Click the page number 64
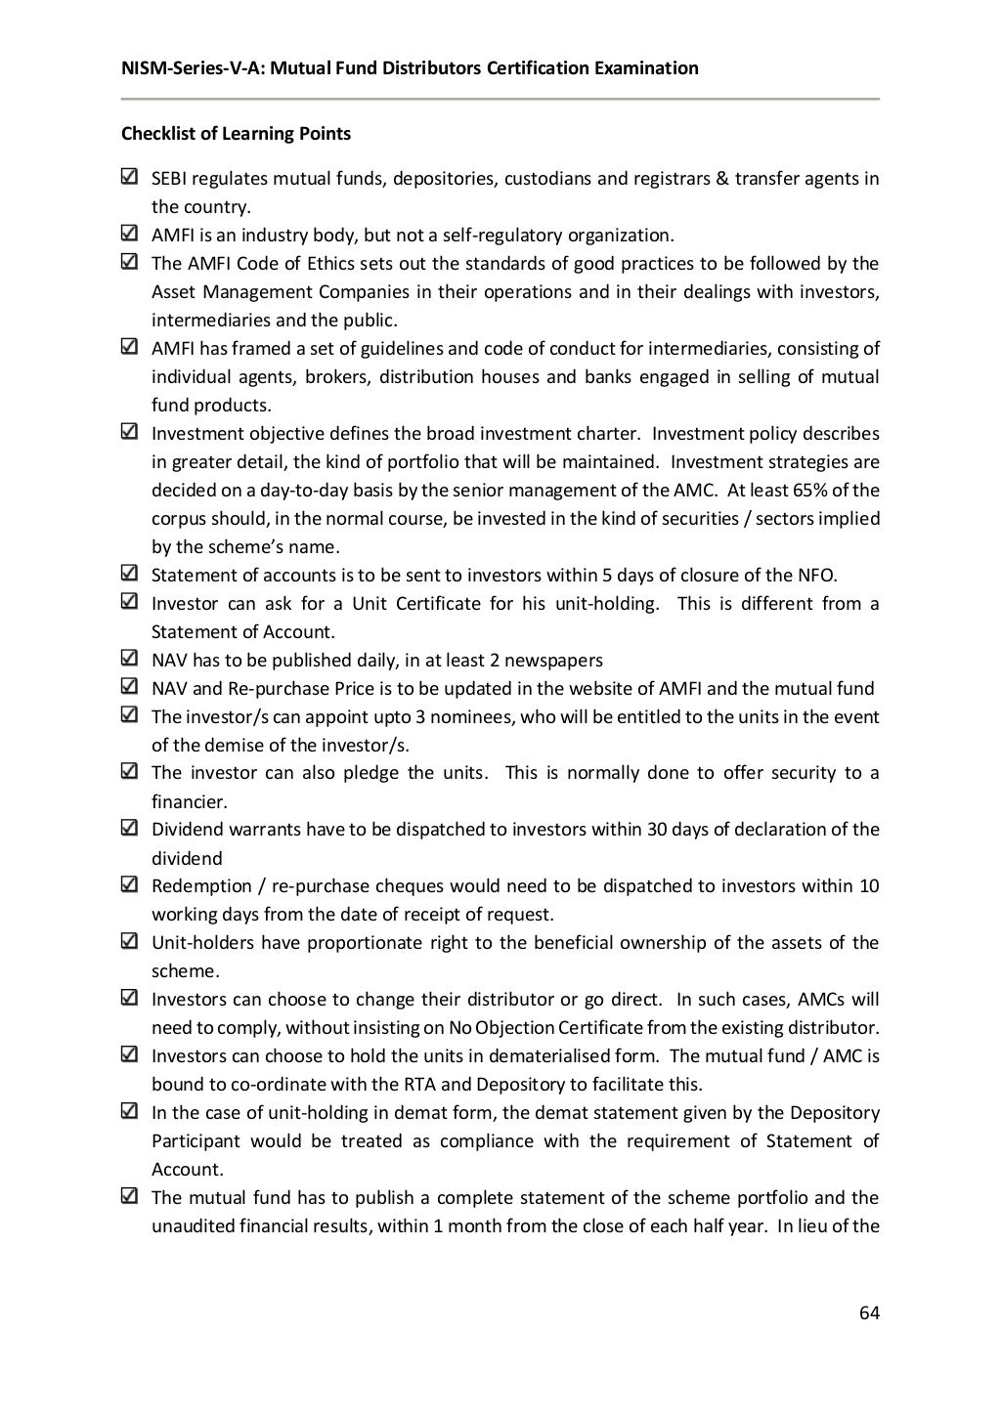pos(869,1312)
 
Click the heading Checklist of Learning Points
pos(235,134)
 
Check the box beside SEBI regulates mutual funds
pos(129,178)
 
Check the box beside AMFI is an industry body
pos(129,235)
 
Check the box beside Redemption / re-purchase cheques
pos(129,886)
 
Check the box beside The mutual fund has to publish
pos(129,1197)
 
